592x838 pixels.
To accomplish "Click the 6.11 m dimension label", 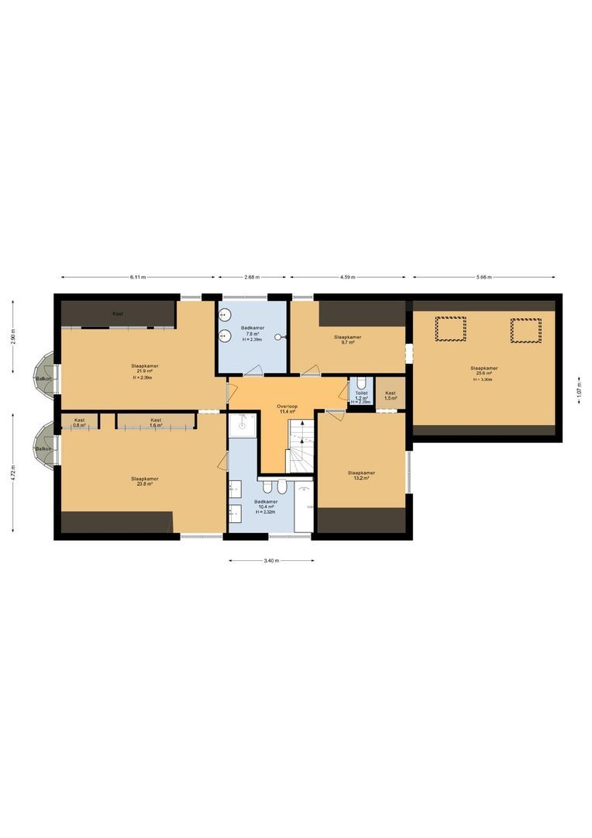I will pyautogui.click(x=138, y=277).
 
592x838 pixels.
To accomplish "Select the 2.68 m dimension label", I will pyautogui.click(x=252, y=277).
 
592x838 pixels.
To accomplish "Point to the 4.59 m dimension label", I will pyautogui.click(x=348, y=277).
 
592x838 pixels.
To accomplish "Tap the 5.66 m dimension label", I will pyautogui.click(x=484, y=277).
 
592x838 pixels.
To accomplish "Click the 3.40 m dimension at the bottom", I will pyautogui.click(x=271, y=560).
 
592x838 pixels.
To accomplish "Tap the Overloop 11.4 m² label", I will pyautogui.click(x=288, y=408).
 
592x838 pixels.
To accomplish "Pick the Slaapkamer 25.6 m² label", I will pyautogui.click(x=484, y=371).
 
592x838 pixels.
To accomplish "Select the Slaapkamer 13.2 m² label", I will pyautogui.click(x=361, y=475).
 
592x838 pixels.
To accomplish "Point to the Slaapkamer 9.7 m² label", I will pyautogui.click(x=347, y=340).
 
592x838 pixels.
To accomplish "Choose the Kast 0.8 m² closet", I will pyautogui.click(x=79, y=422).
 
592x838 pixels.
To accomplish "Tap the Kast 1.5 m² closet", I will pyautogui.click(x=391, y=395).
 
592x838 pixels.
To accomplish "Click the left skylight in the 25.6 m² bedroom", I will pyautogui.click(x=451, y=329).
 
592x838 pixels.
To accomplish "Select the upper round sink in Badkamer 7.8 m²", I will pyautogui.click(x=224, y=315).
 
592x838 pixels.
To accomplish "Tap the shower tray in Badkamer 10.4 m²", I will pyautogui.click(x=242, y=424).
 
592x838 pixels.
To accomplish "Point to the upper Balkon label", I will pyautogui.click(x=43, y=378).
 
